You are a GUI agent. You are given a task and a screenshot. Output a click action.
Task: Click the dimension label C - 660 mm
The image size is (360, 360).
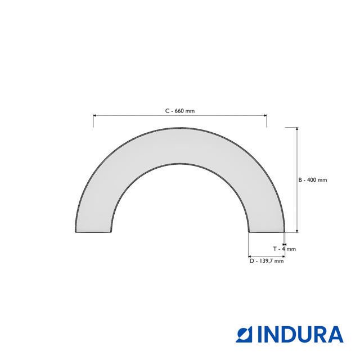pos(180,111)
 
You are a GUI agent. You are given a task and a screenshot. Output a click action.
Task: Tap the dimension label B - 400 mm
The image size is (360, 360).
pos(313,180)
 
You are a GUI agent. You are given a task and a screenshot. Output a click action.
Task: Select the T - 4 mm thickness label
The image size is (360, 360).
pos(284,249)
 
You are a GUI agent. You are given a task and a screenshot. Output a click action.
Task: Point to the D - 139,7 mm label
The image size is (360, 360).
pos(267,261)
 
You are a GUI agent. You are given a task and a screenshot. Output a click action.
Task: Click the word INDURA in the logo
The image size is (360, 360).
pos(300,335)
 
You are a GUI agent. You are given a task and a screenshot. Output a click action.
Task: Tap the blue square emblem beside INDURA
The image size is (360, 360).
pos(244,335)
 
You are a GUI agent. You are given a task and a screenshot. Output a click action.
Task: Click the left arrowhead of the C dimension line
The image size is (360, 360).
pos(94,115)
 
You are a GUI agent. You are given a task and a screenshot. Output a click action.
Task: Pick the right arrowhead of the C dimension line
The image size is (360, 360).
pos(265,115)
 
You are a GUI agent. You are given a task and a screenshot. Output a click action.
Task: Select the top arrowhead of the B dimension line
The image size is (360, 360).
pos(297,129)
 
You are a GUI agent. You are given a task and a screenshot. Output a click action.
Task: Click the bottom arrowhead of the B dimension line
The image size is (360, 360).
pos(297,231)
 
